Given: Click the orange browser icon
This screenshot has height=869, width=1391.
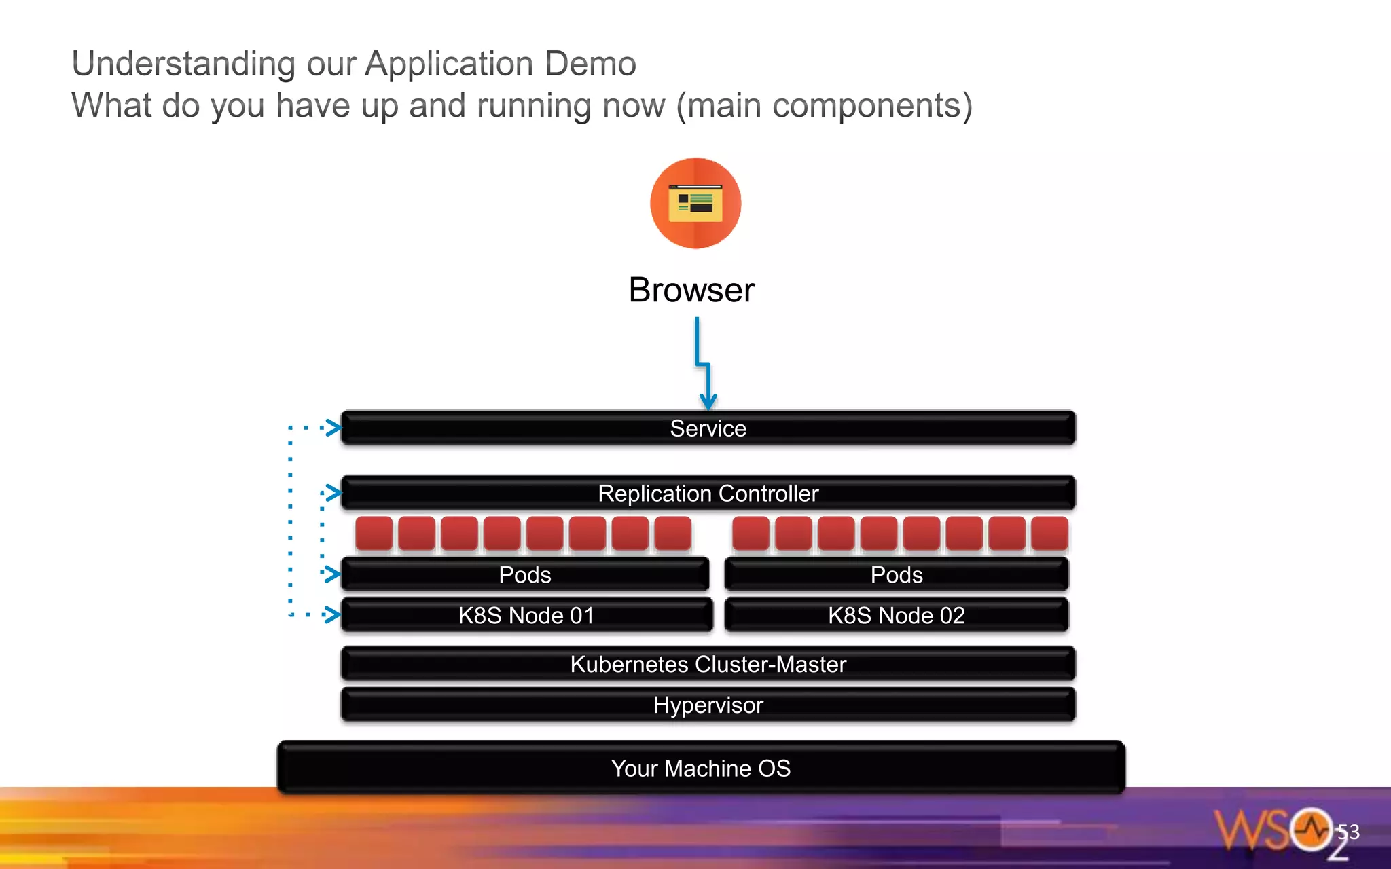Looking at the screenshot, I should tap(695, 203).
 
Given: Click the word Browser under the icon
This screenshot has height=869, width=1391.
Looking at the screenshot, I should tap(691, 290).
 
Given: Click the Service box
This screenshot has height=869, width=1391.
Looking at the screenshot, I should tap(708, 428).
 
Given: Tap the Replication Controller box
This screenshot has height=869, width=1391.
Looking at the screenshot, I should tap(708, 493).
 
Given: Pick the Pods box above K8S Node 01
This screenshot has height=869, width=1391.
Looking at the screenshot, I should tap(524, 574).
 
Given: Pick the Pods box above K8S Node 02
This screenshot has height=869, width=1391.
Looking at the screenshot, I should tap(897, 574).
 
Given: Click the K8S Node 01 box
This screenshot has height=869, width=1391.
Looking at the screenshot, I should tap(526, 615).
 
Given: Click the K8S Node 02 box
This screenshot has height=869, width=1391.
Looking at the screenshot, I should tap(897, 615).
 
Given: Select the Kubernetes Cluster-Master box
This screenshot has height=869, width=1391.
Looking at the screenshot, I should tap(708, 664).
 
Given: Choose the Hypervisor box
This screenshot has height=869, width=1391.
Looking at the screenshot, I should tap(708, 705).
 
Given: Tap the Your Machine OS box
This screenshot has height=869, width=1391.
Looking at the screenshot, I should tap(701, 768).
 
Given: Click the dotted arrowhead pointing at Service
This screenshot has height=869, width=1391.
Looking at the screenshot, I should tap(333, 428).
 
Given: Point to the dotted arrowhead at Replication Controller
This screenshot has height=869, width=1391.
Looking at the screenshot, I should tap(333, 492).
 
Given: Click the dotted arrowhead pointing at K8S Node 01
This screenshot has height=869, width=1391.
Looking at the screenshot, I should tap(333, 614).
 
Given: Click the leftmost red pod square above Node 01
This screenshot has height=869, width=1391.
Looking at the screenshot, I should tap(374, 533).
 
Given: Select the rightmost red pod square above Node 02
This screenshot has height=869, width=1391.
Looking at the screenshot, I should tap(1049, 533).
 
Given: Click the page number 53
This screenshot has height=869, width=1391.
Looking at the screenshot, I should tap(1348, 832).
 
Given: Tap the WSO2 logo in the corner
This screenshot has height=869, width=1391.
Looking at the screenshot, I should tap(1277, 832).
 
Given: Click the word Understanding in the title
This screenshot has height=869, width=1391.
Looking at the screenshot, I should tap(183, 64).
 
